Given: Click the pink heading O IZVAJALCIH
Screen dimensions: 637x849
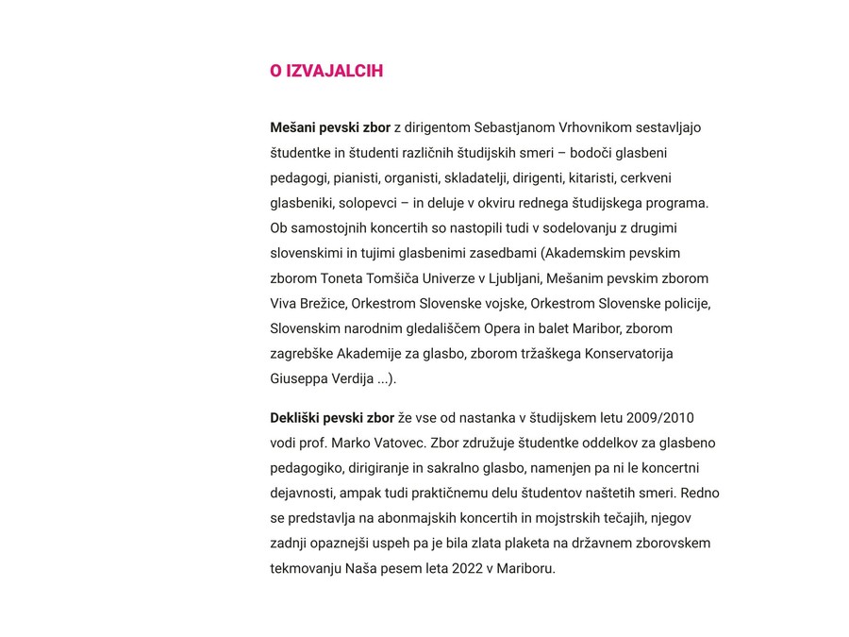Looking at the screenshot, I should (326, 72).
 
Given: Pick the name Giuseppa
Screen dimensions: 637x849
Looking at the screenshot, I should (301, 379).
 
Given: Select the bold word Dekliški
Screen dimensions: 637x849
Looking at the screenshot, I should (295, 418).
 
